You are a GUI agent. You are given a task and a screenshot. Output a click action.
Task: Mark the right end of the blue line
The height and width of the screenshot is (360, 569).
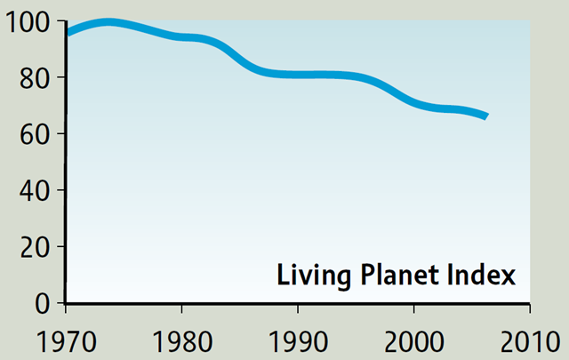485,116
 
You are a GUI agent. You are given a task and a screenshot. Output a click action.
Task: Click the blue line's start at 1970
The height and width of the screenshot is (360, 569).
68,33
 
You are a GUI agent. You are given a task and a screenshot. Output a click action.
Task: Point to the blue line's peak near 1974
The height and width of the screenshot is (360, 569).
108,22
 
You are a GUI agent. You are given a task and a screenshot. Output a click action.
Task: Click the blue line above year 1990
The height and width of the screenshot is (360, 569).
298,75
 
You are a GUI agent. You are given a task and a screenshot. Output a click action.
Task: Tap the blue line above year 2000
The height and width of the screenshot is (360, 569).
413,101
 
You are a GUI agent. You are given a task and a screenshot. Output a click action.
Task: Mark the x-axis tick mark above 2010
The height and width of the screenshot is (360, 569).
529,308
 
